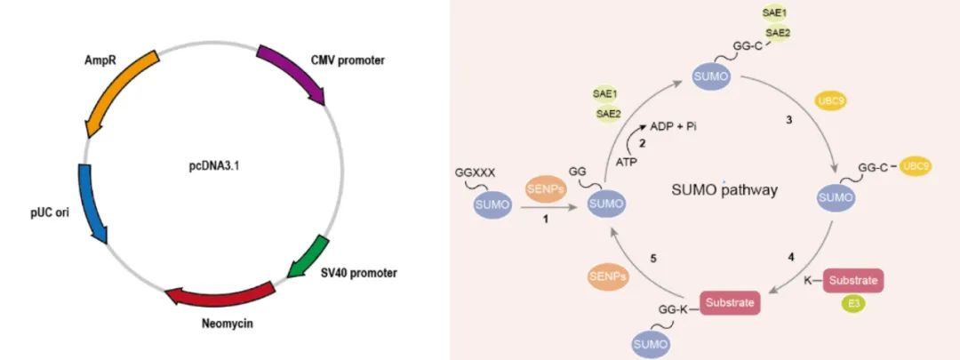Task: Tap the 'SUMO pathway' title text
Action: point(724,190)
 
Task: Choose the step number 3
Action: point(789,121)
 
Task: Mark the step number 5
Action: point(654,259)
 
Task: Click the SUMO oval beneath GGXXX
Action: point(492,204)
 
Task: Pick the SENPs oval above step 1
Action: point(546,190)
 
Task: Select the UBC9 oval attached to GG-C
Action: point(916,166)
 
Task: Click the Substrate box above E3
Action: point(853,280)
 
